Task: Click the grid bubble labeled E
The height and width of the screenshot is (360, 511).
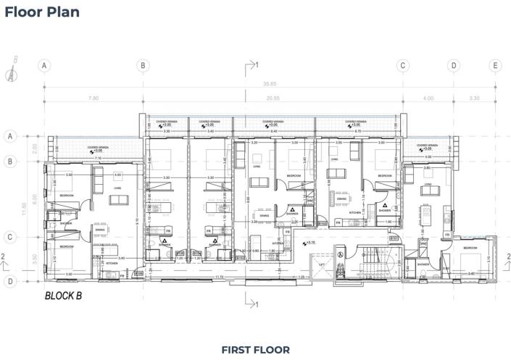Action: point(496,66)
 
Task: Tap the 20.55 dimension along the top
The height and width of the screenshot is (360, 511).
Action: point(273,98)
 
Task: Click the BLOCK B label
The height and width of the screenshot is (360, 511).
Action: point(66,296)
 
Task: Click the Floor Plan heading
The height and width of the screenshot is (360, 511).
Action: point(42,12)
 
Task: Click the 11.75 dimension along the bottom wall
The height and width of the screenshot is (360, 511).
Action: point(218,277)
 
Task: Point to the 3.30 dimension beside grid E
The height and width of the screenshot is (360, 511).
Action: point(475,98)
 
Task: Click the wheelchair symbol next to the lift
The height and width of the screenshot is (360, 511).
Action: point(338,253)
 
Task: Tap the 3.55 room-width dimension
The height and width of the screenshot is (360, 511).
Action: point(338,143)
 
